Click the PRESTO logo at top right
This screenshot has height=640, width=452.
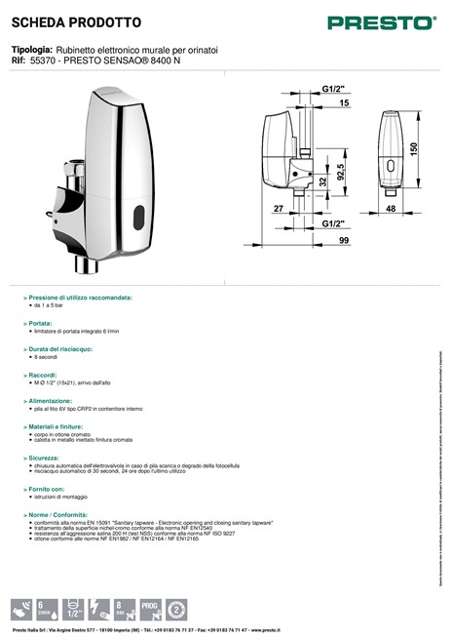[394, 20]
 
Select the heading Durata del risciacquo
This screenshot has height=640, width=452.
[60, 347]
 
